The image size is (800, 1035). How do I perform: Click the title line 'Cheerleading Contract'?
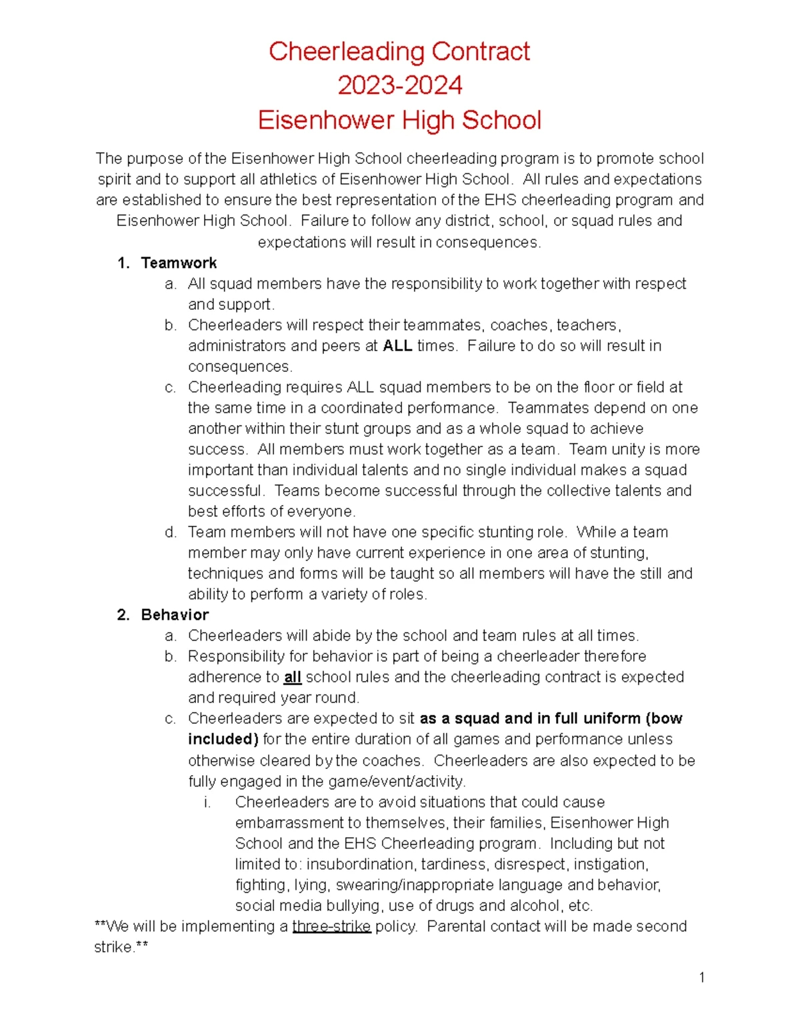(399, 51)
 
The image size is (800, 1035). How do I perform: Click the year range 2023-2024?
(399, 85)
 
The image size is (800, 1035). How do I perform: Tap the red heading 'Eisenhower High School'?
(399, 120)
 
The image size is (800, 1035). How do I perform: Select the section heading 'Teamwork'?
(179, 263)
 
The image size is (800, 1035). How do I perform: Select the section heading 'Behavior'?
(175, 614)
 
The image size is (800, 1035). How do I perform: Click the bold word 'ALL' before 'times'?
(397, 345)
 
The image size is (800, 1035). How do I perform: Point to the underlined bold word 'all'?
(293, 677)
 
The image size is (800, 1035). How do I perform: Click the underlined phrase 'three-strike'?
(331, 926)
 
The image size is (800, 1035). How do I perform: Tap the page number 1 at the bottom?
(702, 978)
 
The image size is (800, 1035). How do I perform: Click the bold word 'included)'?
(223, 739)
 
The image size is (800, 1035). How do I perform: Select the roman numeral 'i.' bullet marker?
(207, 802)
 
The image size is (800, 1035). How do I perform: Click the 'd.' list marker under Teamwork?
(171, 532)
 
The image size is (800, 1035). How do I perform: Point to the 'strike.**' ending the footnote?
(121, 947)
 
